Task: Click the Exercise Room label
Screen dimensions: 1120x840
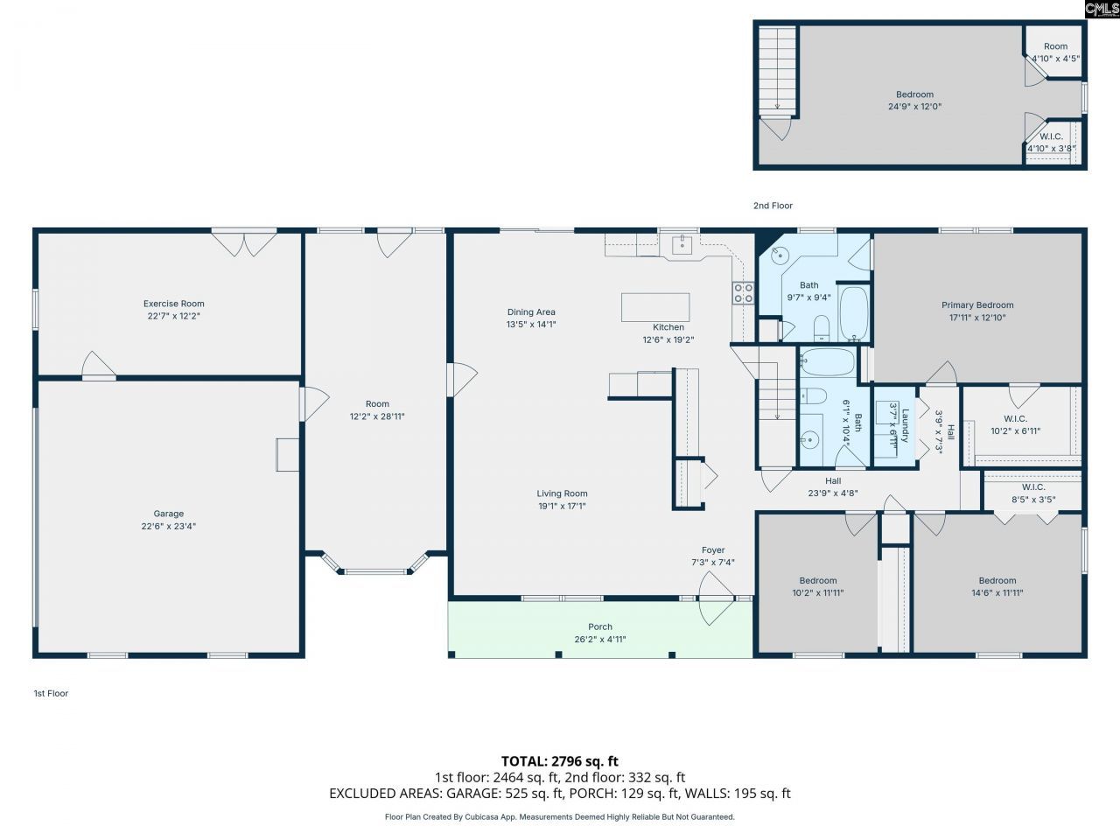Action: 173,304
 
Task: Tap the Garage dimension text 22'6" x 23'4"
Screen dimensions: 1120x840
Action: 168,526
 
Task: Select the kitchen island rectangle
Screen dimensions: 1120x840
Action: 655,307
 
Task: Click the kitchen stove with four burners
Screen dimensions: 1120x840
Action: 743,293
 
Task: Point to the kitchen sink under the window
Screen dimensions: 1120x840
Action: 682,245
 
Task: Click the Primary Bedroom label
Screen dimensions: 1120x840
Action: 977,305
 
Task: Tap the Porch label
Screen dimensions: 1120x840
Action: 600,626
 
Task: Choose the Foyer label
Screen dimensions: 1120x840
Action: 713,549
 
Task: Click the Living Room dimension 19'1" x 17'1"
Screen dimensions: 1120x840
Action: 562,506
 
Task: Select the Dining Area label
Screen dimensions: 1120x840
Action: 531,311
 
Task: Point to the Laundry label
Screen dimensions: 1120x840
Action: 905,425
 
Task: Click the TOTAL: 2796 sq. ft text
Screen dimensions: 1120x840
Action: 560,761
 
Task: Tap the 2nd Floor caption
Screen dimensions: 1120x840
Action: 773,206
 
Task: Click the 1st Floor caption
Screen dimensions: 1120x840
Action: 51,693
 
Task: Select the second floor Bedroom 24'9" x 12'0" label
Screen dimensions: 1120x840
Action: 914,101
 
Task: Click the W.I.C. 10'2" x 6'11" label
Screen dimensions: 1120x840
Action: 1015,424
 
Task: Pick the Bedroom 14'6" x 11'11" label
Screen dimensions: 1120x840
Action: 997,586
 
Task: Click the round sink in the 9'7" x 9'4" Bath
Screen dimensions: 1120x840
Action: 780,255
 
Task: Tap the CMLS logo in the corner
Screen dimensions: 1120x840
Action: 1102,9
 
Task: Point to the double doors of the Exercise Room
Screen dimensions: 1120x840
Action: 244,244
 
